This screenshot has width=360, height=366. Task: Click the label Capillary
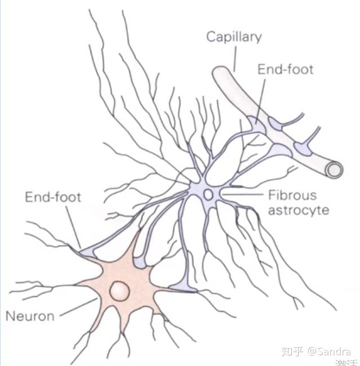click(234, 38)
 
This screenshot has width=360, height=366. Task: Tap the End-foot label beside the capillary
click(285, 70)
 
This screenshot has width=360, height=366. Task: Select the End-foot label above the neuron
click(53, 197)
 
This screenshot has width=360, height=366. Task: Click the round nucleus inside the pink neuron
click(119, 291)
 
